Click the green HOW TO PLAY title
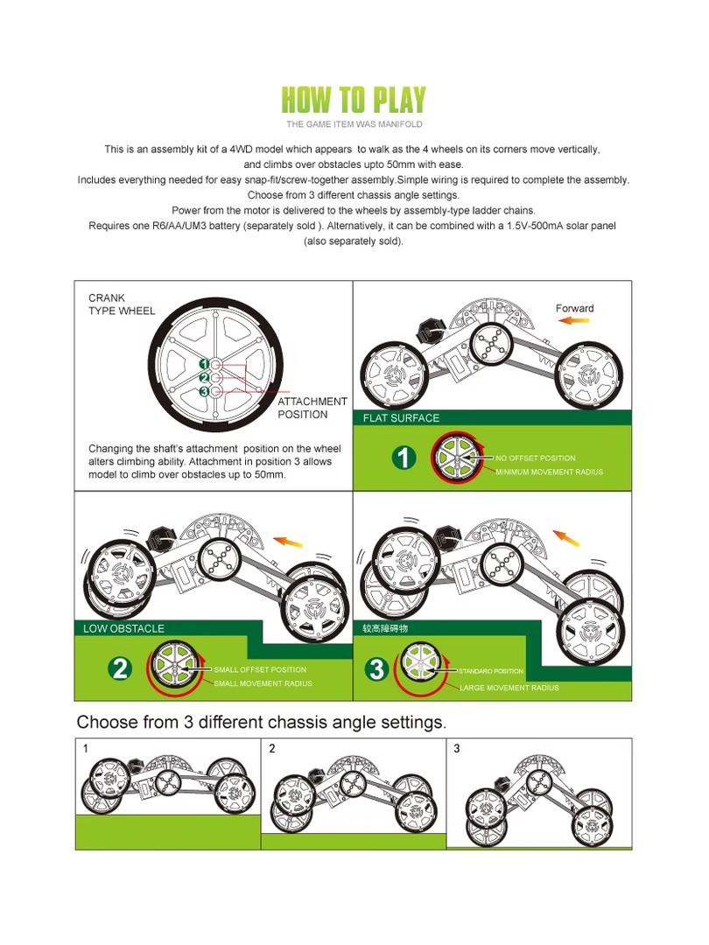(x=354, y=100)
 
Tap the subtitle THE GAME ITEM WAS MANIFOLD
(x=354, y=124)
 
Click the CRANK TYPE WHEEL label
(x=121, y=304)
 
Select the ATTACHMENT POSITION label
(x=312, y=408)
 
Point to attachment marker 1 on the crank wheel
(x=204, y=363)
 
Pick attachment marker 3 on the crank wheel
(x=204, y=391)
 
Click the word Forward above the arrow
(x=574, y=308)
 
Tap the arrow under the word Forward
(x=573, y=320)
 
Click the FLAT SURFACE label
(x=401, y=417)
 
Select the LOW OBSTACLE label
(x=123, y=628)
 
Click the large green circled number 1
(x=404, y=458)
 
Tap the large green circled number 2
(x=120, y=668)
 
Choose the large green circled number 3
(x=376, y=669)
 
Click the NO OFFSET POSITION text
(x=536, y=458)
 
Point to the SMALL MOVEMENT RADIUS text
(x=263, y=683)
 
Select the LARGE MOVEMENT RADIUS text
(x=509, y=688)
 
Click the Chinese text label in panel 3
(x=385, y=628)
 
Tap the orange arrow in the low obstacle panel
(x=288, y=542)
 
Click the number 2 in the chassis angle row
(x=272, y=748)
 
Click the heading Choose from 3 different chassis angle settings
(x=262, y=722)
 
